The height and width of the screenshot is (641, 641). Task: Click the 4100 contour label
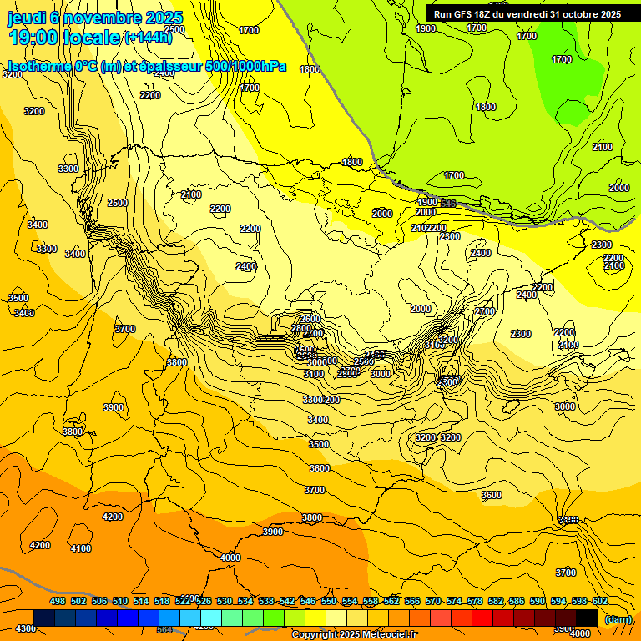81,548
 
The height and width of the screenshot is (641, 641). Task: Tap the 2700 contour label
484,311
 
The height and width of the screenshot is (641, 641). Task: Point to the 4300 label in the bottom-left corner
25,628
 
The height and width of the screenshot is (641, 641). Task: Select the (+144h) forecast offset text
147,37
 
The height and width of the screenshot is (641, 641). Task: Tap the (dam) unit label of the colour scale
617,618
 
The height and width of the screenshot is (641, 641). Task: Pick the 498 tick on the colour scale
58,602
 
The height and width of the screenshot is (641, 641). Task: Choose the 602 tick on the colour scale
600,602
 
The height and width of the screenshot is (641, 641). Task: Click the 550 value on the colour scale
329,602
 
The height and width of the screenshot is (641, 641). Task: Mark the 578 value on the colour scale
475,602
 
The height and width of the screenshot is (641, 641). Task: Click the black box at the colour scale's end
587,618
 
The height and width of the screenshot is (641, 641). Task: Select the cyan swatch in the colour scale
211,618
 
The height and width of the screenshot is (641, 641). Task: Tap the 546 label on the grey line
448,204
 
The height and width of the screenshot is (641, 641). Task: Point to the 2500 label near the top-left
118,203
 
